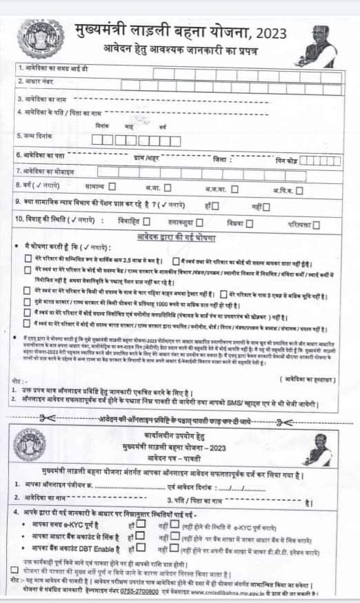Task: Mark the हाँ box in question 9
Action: tap(216, 205)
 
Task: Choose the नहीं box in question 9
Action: tap(268, 205)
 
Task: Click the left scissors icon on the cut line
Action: tap(48, 418)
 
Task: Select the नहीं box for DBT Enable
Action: tap(174, 549)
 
